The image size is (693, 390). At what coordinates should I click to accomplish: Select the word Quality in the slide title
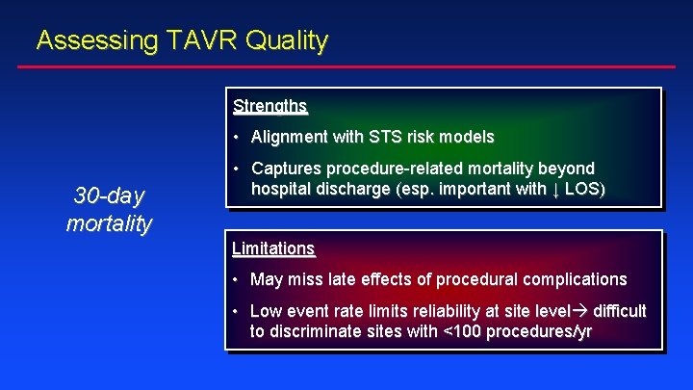click(287, 40)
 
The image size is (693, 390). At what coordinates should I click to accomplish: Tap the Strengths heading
click(269, 105)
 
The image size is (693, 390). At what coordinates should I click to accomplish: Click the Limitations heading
click(273, 248)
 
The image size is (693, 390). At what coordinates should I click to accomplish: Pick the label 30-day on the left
click(109, 196)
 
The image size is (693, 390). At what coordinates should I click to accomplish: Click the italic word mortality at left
click(109, 223)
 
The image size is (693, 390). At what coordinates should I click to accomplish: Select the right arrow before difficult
click(582, 310)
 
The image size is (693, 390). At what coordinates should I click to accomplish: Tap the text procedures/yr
click(539, 331)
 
